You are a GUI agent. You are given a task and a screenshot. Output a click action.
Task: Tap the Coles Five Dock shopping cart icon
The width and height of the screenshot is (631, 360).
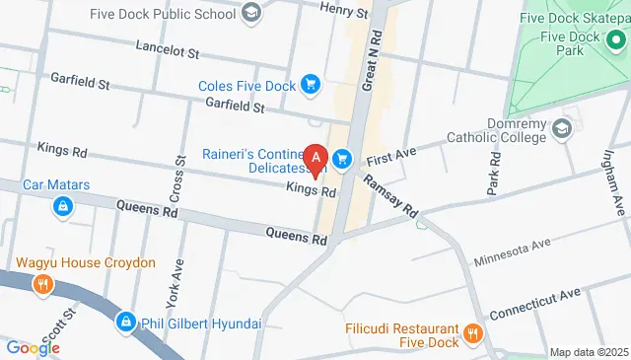coord(311,86)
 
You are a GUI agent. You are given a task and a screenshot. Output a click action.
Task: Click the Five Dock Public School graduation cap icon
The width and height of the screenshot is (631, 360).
coord(251,13)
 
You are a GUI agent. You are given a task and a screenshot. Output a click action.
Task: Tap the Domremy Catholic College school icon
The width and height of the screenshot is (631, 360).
coord(562,128)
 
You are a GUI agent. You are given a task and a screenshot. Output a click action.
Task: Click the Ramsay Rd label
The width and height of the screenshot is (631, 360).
coord(391,196)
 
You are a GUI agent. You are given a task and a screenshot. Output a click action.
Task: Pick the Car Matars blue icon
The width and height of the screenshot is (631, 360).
coord(62,206)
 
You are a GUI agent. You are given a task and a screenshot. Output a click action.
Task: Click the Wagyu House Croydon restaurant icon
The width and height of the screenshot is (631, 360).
coord(43,285)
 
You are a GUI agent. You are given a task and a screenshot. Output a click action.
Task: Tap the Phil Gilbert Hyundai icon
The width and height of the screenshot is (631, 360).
coord(126,323)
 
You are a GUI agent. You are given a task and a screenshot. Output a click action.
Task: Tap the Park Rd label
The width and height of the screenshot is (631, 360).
coord(493,174)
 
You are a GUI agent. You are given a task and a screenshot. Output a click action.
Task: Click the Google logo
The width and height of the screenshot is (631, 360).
coord(33,348)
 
